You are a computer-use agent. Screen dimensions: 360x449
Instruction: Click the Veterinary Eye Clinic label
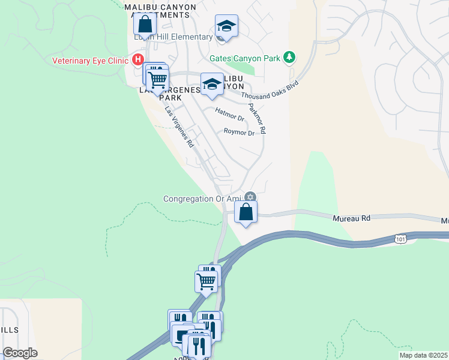(91, 60)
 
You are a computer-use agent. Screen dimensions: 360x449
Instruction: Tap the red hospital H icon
(137, 59)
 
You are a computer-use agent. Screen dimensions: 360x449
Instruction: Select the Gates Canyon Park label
(244, 58)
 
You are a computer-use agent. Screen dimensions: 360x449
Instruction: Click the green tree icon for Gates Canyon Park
(290, 58)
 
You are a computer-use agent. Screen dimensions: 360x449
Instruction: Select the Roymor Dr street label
(239, 132)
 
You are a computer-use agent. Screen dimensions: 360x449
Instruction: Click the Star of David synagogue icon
(250, 197)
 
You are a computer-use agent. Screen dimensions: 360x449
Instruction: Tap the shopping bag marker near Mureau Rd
(246, 212)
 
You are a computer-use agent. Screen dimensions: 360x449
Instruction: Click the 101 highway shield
(400, 239)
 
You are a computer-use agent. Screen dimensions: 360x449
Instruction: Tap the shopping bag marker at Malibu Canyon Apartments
(145, 26)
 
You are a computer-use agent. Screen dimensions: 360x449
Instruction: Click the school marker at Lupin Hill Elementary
(226, 26)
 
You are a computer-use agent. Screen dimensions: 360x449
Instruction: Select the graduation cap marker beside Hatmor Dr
(211, 84)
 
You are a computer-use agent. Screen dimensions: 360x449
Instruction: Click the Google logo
(20, 353)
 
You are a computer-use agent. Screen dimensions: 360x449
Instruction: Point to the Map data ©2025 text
(423, 355)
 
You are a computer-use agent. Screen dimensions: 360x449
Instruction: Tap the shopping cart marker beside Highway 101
(206, 281)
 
